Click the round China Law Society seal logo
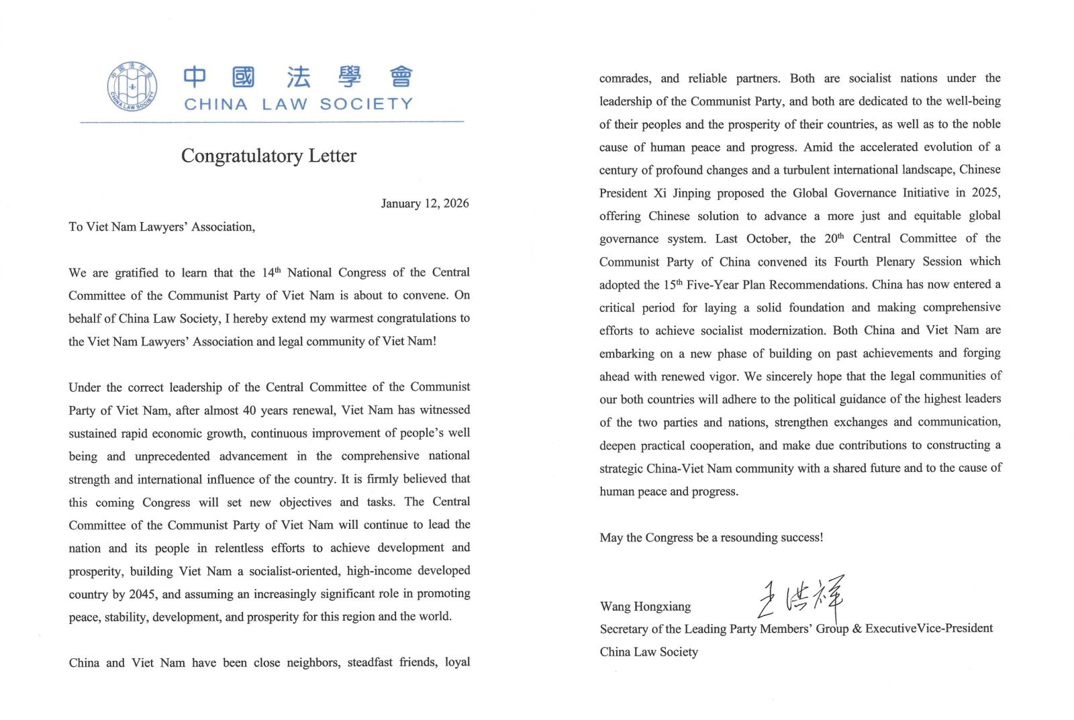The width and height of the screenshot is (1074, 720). pyautogui.click(x=132, y=87)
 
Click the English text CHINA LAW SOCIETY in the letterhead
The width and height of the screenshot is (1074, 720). pyautogui.click(x=298, y=104)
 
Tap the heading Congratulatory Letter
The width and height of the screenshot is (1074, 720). pyautogui.click(x=268, y=156)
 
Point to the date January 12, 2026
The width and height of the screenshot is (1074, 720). pyautogui.click(x=425, y=203)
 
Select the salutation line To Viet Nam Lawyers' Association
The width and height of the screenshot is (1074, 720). pyautogui.click(x=162, y=227)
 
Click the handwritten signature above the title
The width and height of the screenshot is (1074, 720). pyautogui.click(x=800, y=597)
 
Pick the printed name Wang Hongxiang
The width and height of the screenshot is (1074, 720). pyautogui.click(x=645, y=607)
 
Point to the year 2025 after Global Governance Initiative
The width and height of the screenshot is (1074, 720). pyautogui.click(x=985, y=193)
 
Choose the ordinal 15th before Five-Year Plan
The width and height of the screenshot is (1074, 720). pyautogui.click(x=673, y=285)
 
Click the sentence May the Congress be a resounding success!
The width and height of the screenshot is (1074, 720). pyautogui.click(x=712, y=537)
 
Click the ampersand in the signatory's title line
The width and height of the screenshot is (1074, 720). pyautogui.click(x=857, y=629)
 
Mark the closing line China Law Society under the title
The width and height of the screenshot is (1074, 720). pyautogui.click(x=648, y=652)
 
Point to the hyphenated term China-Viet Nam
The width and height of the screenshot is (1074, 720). pyautogui.click(x=699, y=468)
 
